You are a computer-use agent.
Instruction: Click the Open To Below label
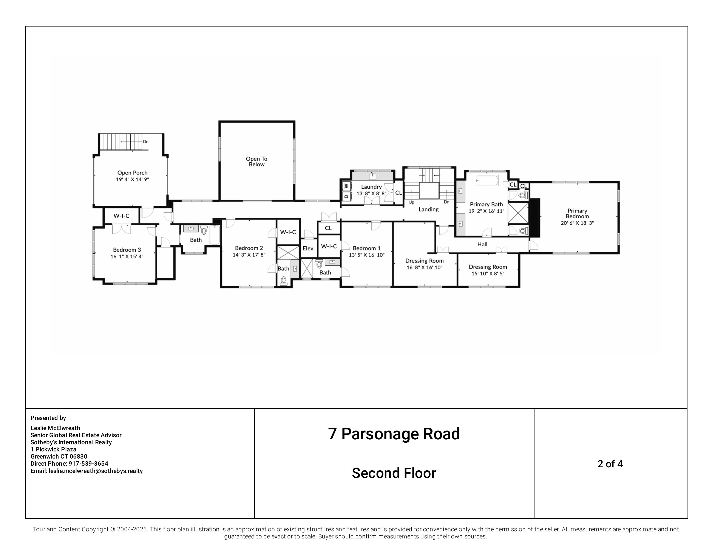[x=256, y=162]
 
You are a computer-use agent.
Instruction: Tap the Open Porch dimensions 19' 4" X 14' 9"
[x=132, y=179]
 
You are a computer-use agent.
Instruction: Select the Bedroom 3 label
[x=127, y=250]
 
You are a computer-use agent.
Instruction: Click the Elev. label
[x=308, y=248]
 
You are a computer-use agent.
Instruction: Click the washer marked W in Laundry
[x=346, y=186]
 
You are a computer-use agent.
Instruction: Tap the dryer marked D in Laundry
[x=346, y=196]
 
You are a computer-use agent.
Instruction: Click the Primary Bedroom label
[x=577, y=213]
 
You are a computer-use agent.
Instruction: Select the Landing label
[x=428, y=209]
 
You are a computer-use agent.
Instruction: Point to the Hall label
[x=482, y=244]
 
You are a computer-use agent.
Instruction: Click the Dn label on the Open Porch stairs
[x=146, y=141]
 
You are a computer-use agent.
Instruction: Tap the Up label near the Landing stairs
[x=411, y=202]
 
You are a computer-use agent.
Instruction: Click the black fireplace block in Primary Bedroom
[x=535, y=217]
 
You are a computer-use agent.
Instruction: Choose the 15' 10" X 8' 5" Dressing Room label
[x=488, y=267]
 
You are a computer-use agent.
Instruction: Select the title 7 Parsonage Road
[x=394, y=434]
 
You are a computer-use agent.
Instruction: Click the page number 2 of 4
[x=610, y=464]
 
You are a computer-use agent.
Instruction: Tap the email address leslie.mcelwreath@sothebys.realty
[x=96, y=471]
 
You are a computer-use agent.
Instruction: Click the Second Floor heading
[x=394, y=473]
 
